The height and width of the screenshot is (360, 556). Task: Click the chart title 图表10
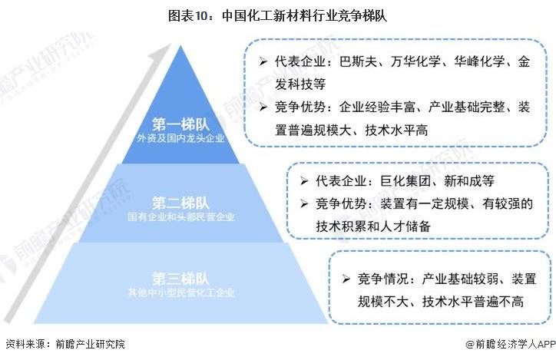pos(190,16)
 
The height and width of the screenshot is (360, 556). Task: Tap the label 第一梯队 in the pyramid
pos(180,124)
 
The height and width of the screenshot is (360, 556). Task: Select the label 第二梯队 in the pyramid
pos(180,203)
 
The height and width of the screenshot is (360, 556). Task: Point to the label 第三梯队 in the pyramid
pos(180,279)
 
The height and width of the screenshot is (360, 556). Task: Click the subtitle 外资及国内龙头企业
pos(180,138)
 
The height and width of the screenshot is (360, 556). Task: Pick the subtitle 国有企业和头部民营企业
pos(181,216)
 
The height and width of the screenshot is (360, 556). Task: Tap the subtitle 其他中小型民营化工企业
pos(181,292)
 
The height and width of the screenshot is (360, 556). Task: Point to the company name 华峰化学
pos(479,61)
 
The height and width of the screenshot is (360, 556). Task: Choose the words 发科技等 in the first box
pos(300,84)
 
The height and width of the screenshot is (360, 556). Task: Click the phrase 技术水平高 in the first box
pos(396,130)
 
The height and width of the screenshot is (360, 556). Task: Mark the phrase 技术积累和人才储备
pos(373,226)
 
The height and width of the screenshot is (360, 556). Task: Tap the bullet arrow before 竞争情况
pos(346,279)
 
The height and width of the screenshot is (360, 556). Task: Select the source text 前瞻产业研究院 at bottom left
pos(91,344)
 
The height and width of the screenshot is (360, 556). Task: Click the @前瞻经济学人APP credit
pos(511,344)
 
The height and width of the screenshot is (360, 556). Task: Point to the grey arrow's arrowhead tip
pos(171,44)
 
